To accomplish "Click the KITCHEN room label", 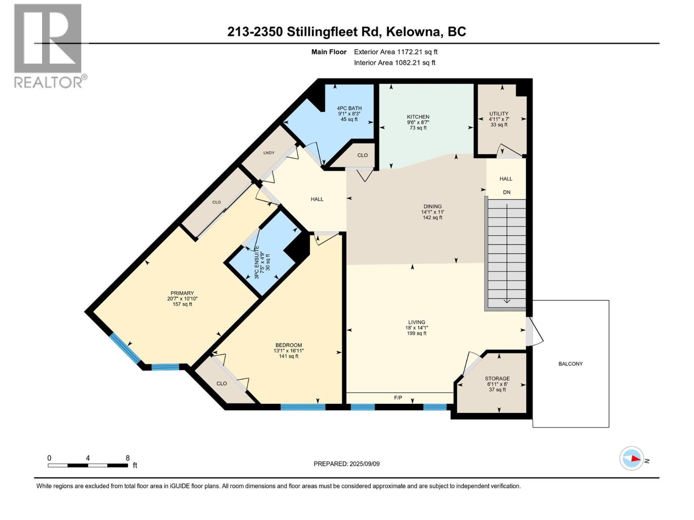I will click(418, 117).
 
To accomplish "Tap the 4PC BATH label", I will click(349, 108).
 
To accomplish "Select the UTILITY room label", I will click(499, 114).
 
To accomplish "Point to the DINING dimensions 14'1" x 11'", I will click(432, 212).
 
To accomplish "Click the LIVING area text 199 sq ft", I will click(416, 333).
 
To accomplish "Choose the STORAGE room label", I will click(497, 378).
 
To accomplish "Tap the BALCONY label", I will click(570, 364).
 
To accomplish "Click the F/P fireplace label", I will click(398, 397).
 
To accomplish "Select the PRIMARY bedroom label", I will click(182, 293).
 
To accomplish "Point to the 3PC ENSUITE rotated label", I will click(256, 262).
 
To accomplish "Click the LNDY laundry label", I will click(269, 153).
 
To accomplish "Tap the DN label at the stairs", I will click(506, 192).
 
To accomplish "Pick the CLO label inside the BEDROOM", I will click(222, 383).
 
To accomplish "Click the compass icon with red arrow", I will click(632, 458).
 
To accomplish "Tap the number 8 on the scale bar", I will click(128, 458).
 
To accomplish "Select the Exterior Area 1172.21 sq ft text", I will click(396, 52).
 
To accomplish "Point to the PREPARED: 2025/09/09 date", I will click(347, 464).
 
